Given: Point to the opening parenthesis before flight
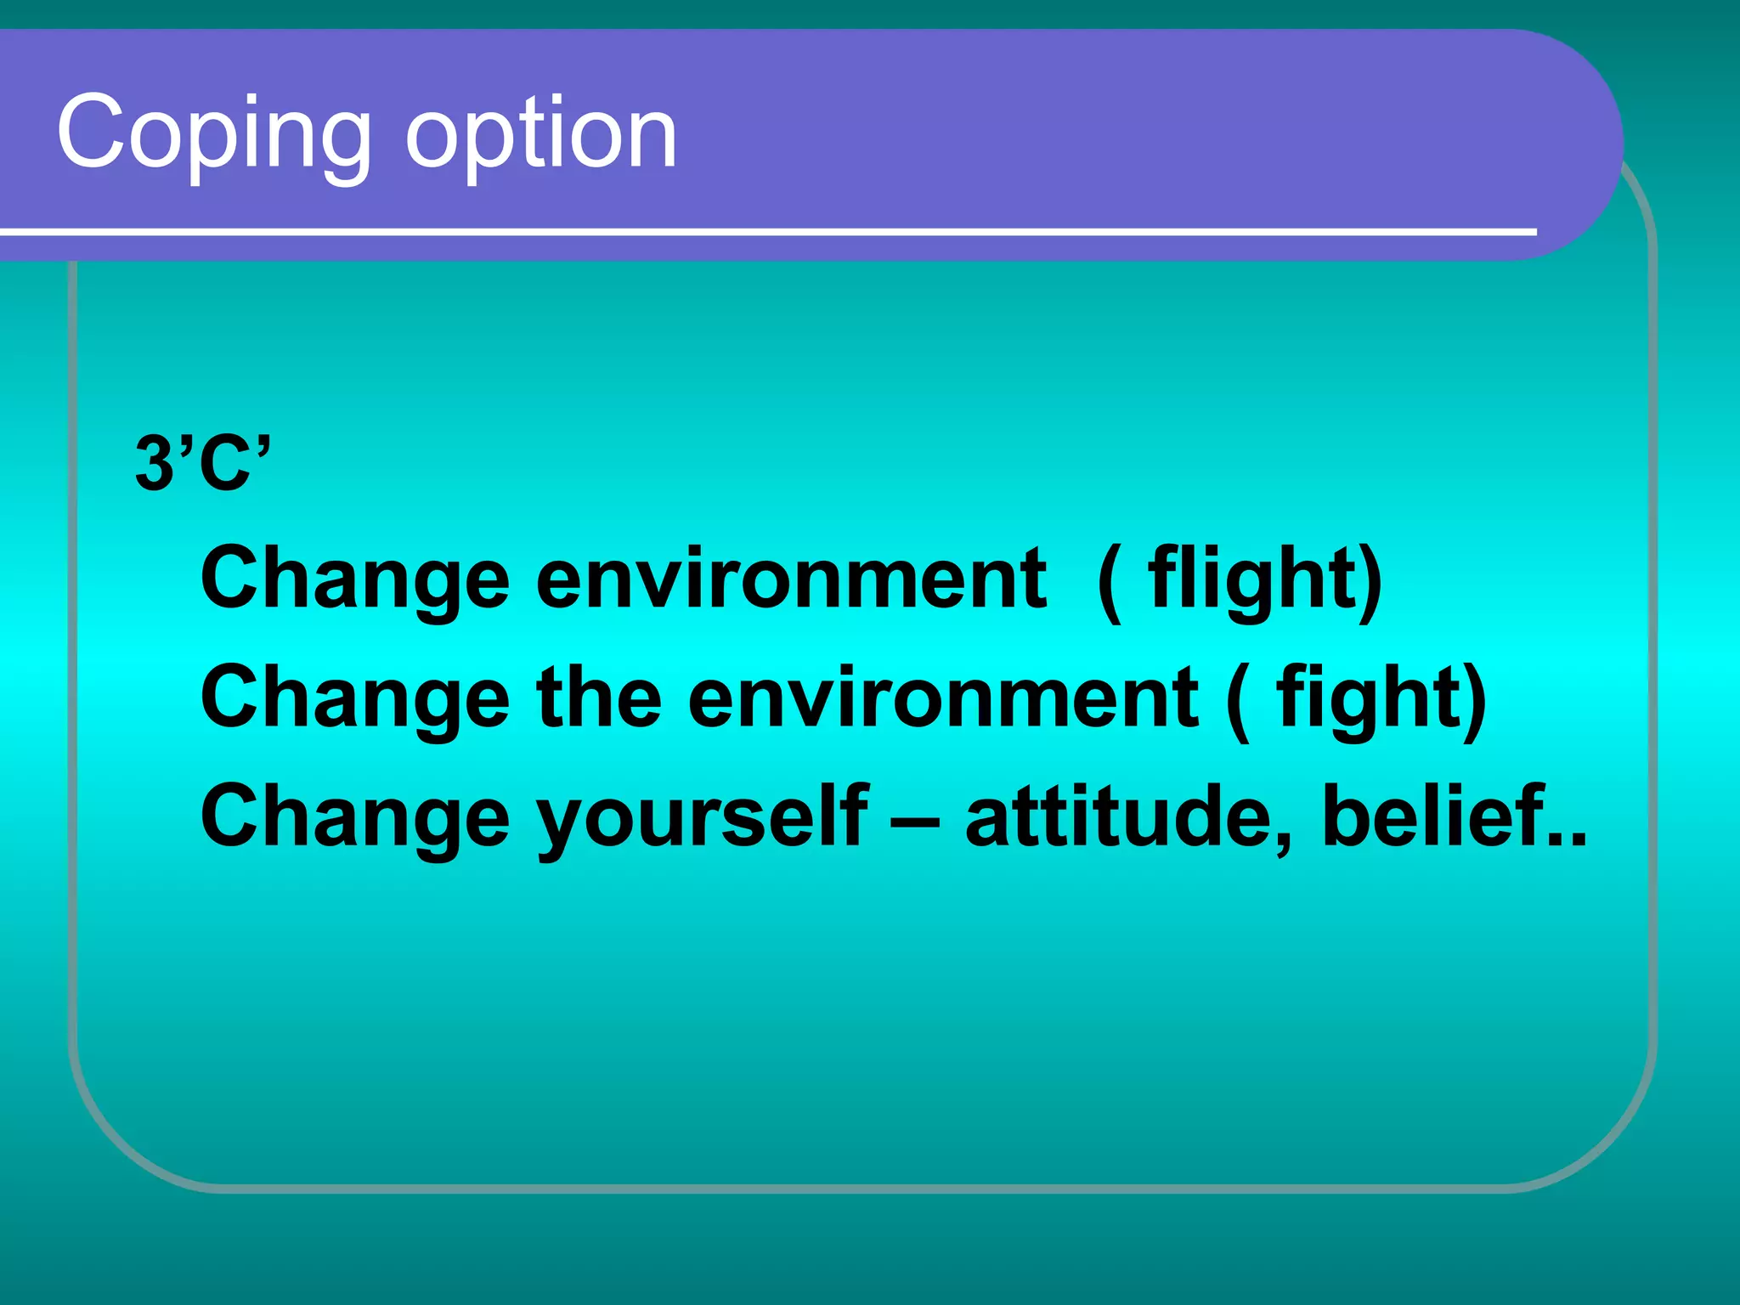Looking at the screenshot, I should tap(1109, 581).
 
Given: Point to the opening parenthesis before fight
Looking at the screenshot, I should tap(1239, 700).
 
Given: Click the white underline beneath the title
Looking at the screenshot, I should tap(765, 231).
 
